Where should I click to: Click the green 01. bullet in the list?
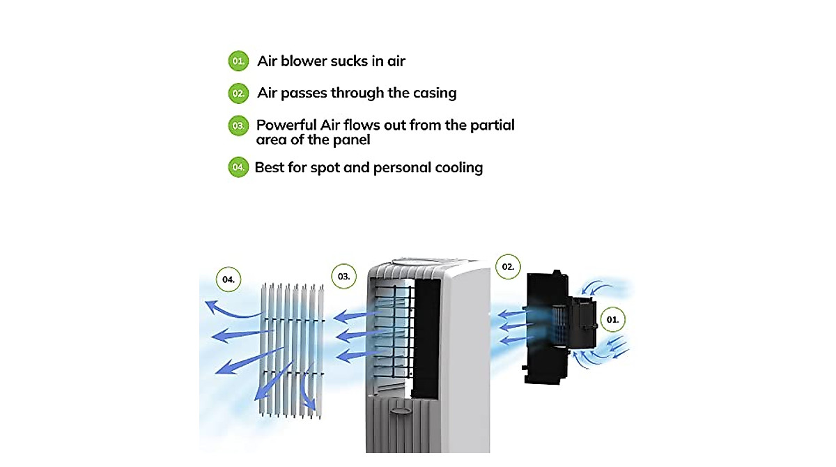(238, 61)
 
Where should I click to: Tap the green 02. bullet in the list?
(238, 93)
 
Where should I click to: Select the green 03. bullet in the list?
(238, 125)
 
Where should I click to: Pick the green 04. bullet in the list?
(238, 167)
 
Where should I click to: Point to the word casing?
(435, 93)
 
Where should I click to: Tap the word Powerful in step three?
(286, 125)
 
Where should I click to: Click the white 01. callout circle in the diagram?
(612, 319)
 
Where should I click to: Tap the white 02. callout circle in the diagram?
(508, 266)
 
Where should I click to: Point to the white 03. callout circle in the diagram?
(343, 276)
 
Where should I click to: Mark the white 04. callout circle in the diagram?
(229, 280)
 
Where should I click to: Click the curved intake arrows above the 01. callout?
(597, 287)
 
